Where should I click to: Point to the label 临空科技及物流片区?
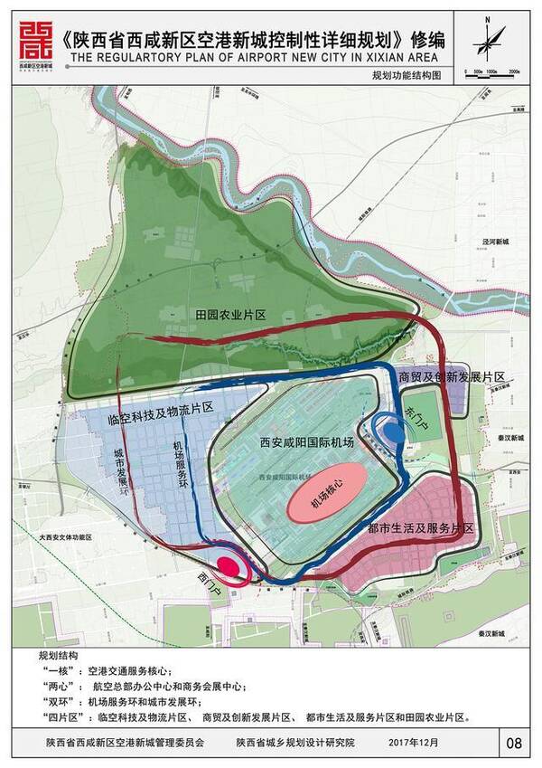click(160, 408)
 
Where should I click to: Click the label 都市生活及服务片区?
click(420, 526)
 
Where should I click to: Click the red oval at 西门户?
click(229, 568)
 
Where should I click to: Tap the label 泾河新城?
click(495, 242)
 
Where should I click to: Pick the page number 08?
click(515, 744)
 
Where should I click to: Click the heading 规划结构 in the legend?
click(58, 654)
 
